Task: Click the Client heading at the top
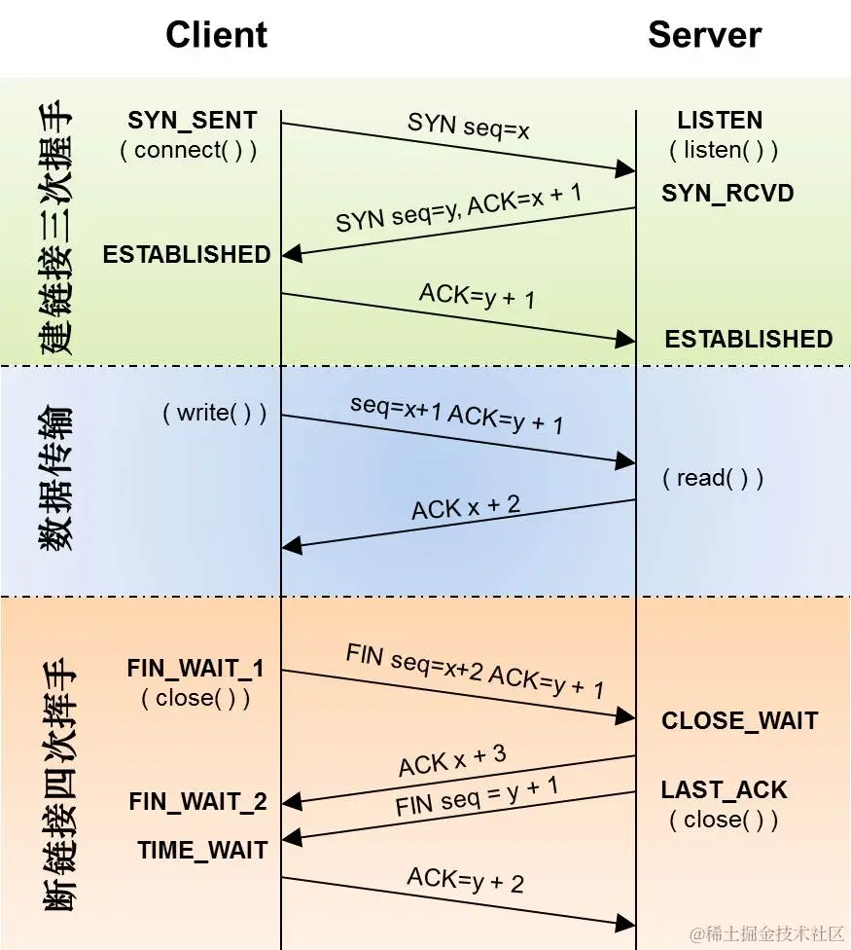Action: click(x=216, y=35)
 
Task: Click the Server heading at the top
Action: click(x=705, y=35)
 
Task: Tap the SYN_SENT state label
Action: click(x=193, y=121)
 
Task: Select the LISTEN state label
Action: click(x=720, y=121)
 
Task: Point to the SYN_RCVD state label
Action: click(x=727, y=193)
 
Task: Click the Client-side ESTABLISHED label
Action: click(x=187, y=254)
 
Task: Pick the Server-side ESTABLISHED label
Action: click(x=749, y=339)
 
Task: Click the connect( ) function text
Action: click(x=189, y=151)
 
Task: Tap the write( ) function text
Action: click(x=214, y=413)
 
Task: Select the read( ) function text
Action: click(x=713, y=478)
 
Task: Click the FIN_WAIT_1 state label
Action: click(x=195, y=669)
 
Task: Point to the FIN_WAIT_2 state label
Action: click(x=197, y=802)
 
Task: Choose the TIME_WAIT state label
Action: click(x=202, y=850)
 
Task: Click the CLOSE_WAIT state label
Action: click(x=740, y=721)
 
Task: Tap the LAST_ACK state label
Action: click(x=724, y=789)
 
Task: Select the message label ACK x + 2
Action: click(x=466, y=507)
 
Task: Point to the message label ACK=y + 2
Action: click(x=465, y=880)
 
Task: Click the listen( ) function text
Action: click(x=724, y=151)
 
